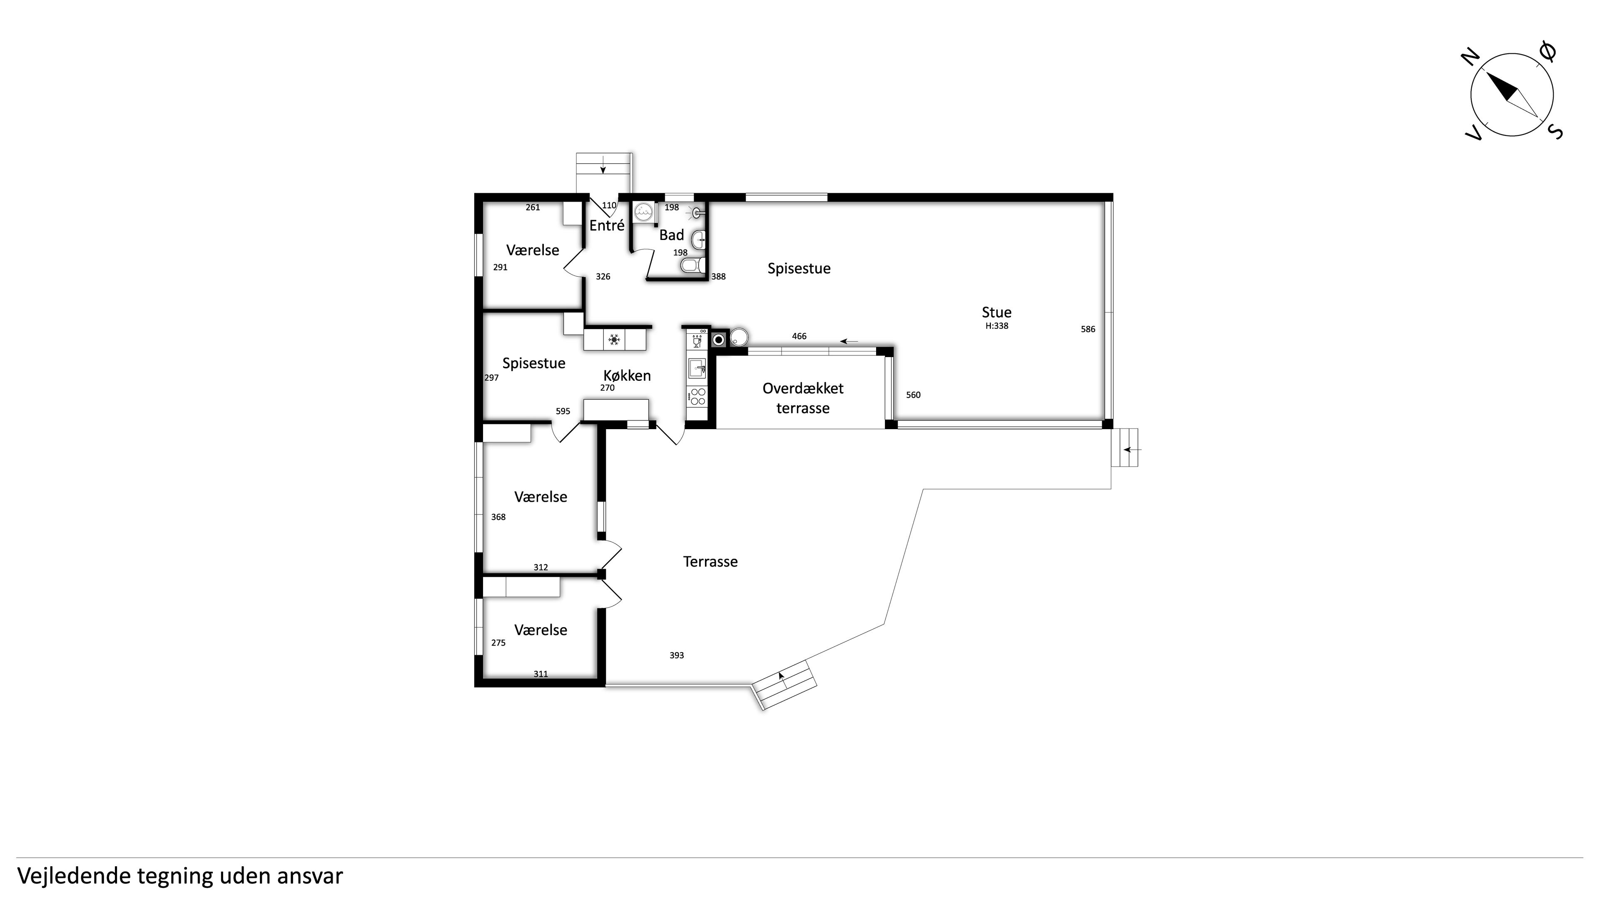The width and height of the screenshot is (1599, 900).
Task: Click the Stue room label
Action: (x=996, y=312)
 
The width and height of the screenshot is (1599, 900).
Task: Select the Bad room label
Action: (x=672, y=235)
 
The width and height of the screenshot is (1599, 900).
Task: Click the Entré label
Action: (x=606, y=225)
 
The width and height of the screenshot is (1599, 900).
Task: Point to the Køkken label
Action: (x=627, y=376)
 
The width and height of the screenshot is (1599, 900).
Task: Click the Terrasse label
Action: (x=710, y=562)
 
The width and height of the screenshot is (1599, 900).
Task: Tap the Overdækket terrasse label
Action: (x=802, y=398)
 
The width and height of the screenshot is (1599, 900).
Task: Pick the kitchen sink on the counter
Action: (x=697, y=367)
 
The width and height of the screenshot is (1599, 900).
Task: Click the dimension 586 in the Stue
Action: (x=1088, y=329)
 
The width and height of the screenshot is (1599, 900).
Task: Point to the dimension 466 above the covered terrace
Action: (x=799, y=336)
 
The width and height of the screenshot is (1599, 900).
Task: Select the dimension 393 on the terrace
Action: (x=677, y=655)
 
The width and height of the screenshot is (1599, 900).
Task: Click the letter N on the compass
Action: (x=1470, y=58)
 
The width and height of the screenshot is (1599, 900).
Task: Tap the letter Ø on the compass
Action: (x=1549, y=52)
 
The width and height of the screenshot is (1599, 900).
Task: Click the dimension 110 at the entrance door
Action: (x=609, y=205)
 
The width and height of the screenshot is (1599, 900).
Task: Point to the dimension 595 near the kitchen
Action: (x=563, y=411)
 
